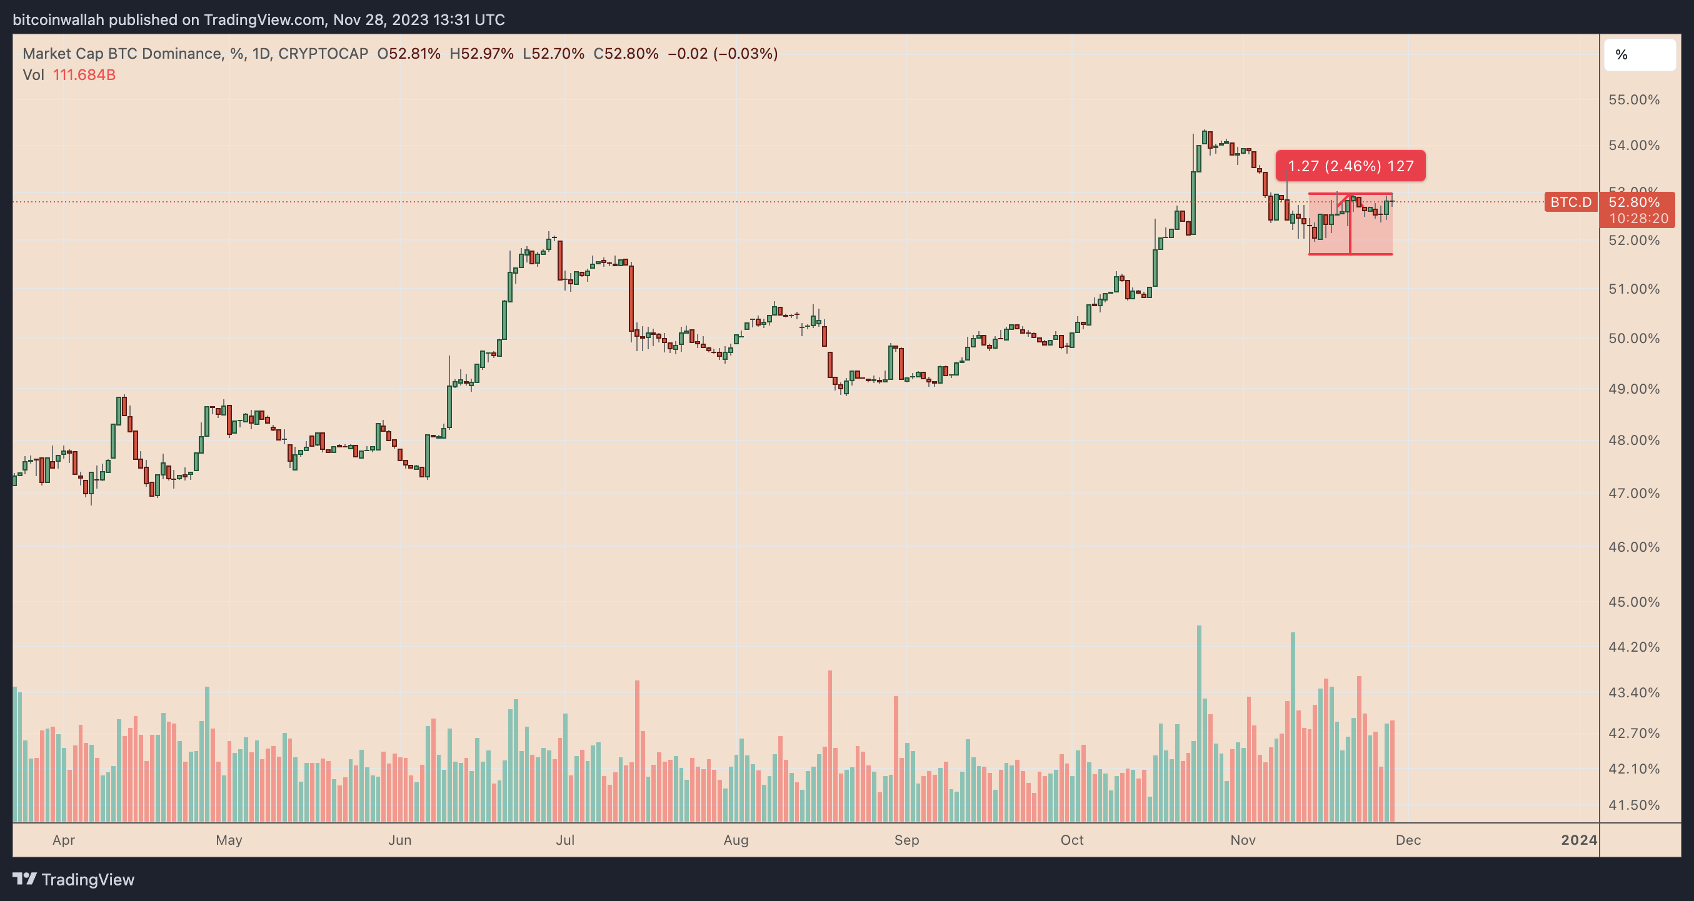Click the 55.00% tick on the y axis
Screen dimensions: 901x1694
[1633, 100]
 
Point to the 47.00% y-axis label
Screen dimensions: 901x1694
[1633, 493]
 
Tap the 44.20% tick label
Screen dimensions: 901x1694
[1633, 647]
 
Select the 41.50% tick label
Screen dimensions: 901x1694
[1633, 805]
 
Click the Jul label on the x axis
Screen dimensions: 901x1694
[565, 840]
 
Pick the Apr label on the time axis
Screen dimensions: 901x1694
[64, 840]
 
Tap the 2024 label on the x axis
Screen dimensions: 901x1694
[1579, 840]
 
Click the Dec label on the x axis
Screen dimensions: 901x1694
[1408, 840]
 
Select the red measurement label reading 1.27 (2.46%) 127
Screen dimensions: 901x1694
[1350, 166]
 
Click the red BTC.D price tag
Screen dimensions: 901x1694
[1570, 202]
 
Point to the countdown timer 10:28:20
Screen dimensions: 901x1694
[1638, 218]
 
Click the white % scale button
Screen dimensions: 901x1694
[1639, 55]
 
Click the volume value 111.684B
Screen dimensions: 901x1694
[84, 75]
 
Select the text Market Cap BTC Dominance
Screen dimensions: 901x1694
[122, 54]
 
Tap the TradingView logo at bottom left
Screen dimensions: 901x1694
[74, 879]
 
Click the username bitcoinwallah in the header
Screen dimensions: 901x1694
[59, 20]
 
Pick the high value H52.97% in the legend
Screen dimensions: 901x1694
[481, 54]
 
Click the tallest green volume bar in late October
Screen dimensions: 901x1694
[1199, 723]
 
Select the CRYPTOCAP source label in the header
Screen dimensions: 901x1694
[323, 54]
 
